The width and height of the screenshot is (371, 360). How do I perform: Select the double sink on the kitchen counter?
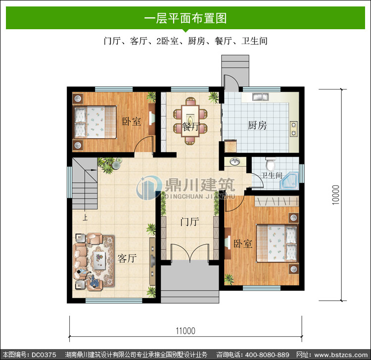pyautogui.click(x=260, y=97)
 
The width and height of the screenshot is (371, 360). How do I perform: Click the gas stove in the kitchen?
pyautogui.click(x=294, y=129)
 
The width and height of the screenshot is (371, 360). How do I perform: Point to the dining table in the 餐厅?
pyautogui.click(x=190, y=121)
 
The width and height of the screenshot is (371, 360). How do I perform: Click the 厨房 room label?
pyautogui.click(x=257, y=125)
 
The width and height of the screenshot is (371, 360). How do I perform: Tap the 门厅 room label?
pyautogui.click(x=189, y=222)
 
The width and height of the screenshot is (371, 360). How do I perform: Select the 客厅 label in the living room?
pyautogui.click(x=127, y=258)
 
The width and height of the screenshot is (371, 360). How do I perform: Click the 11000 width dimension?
pyautogui.click(x=185, y=331)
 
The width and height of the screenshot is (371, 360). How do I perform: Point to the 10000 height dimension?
pyautogui.click(x=335, y=195)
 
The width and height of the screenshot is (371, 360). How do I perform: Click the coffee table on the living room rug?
pyautogui.click(x=99, y=260)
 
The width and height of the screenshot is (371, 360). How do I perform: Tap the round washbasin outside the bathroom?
pyautogui.click(x=234, y=162)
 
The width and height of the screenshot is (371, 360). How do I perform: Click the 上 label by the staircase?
pyautogui.click(x=85, y=217)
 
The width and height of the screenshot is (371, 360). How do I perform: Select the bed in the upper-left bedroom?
pyautogui.click(x=95, y=122)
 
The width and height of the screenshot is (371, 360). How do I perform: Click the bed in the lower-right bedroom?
pyautogui.click(x=277, y=244)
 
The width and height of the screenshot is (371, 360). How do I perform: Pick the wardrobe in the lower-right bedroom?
pyautogui.click(x=277, y=202)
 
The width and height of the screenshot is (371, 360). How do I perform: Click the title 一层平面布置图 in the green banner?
pyautogui.click(x=185, y=18)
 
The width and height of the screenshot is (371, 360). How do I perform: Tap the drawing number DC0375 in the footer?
pyautogui.click(x=44, y=355)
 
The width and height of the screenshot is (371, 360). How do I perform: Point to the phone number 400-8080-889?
pyautogui.click(x=267, y=355)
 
